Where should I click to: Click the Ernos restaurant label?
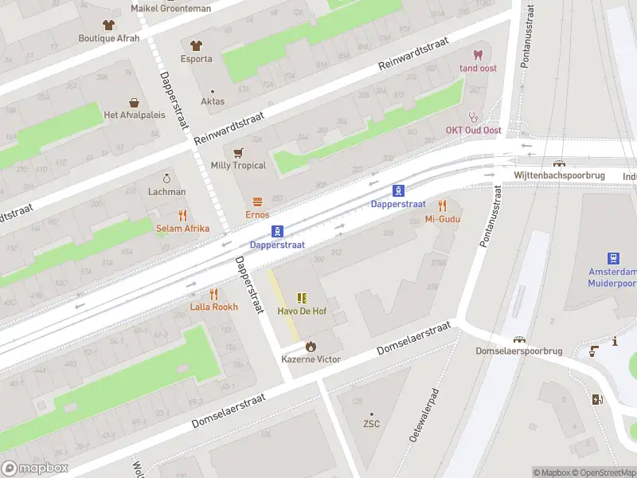pyautogui.click(x=257, y=214)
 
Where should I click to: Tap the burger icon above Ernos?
pyautogui.click(x=257, y=201)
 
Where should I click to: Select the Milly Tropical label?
pyautogui.click(x=237, y=166)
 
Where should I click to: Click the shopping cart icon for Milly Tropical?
pyautogui.click(x=237, y=152)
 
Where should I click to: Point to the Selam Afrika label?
pyautogui.click(x=182, y=229)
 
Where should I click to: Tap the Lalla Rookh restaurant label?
pyautogui.click(x=213, y=307)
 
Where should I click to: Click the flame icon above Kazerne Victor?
pyautogui.click(x=311, y=347)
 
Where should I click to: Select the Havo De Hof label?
pyautogui.click(x=302, y=311)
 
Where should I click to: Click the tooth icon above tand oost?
pyautogui.click(x=478, y=55)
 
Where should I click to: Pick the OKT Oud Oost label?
pyautogui.click(x=473, y=131)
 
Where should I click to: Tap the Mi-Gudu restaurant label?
pyautogui.click(x=443, y=219)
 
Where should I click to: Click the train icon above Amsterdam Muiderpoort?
pyautogui.click(x=614, y=258)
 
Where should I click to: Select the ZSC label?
pyautogui.click(x=371, y=424)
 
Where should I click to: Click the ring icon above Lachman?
pyautogui.click(x=166, y=178)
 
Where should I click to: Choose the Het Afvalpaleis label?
pyautogui.click(x=134, y=115)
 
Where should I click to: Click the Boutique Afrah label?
pyautogui.click(x=109, y=38)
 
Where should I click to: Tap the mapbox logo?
pyautogui.click(x=35, y=468)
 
